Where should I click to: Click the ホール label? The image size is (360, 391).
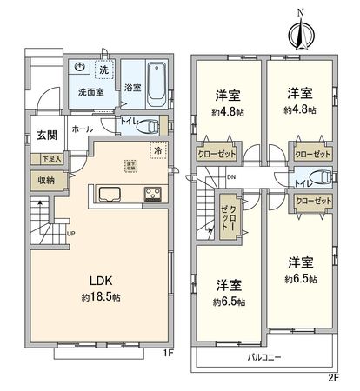pos(83,129)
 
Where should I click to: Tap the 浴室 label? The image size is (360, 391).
pos(131,88)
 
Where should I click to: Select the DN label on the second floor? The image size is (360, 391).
pos(231,178)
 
